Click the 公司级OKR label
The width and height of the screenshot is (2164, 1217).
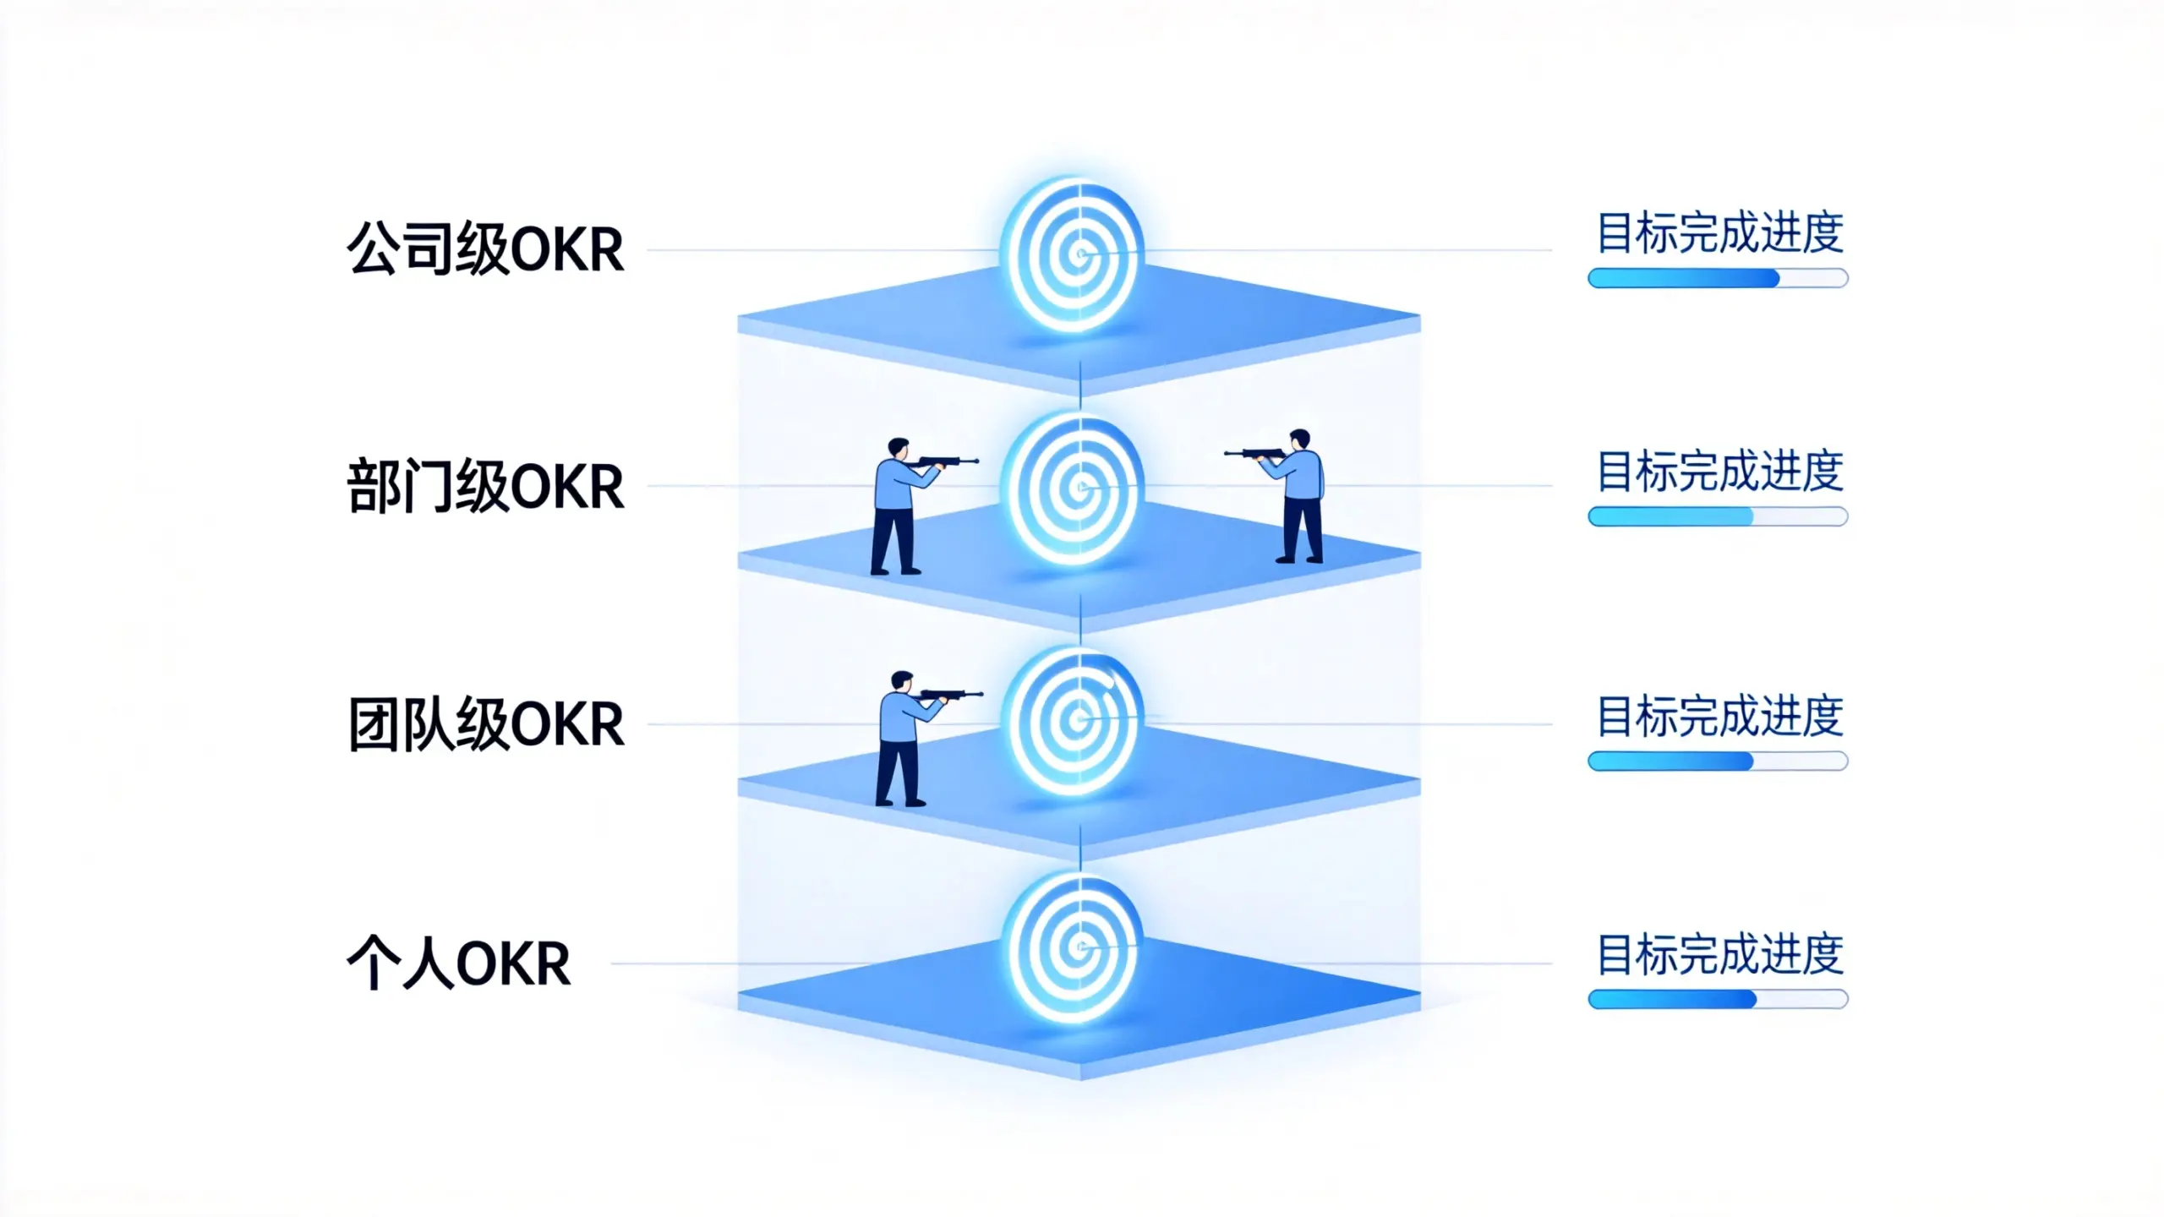click(485, 248)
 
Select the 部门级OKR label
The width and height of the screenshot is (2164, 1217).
click(485, 486)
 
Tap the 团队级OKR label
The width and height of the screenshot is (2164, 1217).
click(485, 724)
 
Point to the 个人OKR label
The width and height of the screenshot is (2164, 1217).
click(459, 963)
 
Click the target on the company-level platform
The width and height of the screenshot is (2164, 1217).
click(1073, 254)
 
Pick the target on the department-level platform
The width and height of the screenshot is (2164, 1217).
click(1073, 488)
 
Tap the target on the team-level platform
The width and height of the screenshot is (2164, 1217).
click(1073, 721)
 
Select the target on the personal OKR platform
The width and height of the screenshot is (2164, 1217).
click(1073, 948)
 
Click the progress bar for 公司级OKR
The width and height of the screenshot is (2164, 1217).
click(1718, 278)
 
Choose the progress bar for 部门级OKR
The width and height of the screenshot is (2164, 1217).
click(1718, 516)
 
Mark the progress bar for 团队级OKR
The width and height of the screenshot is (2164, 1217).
click(1718, 761)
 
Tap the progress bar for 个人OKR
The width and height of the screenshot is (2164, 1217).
click(1718, 1000)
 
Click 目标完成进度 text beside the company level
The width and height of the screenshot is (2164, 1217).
click(1719, 233)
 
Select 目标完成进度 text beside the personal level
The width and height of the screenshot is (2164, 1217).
click(1719, 955)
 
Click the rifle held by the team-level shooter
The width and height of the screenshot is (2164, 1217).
click(948, 696)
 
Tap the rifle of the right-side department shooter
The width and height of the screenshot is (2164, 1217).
click(1256, 454)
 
